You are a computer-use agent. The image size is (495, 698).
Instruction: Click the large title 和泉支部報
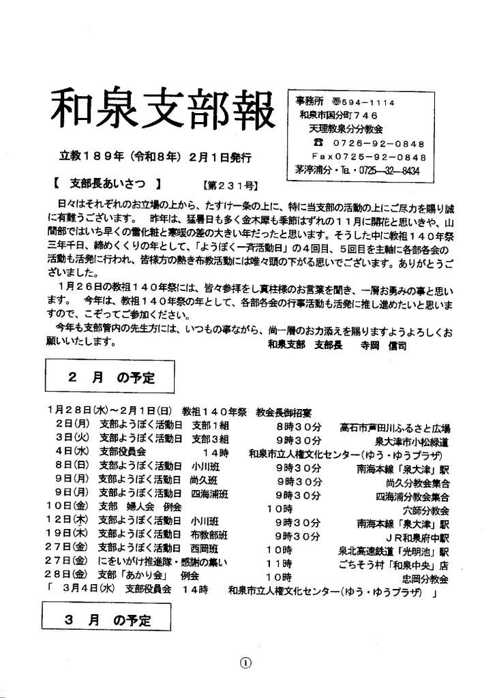coord(162,112)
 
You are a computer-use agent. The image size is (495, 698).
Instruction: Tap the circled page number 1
coord(246,663)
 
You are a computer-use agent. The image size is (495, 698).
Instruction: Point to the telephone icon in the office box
coord(316,143)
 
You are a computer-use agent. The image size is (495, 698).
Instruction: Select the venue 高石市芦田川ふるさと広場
coord(394,428)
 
